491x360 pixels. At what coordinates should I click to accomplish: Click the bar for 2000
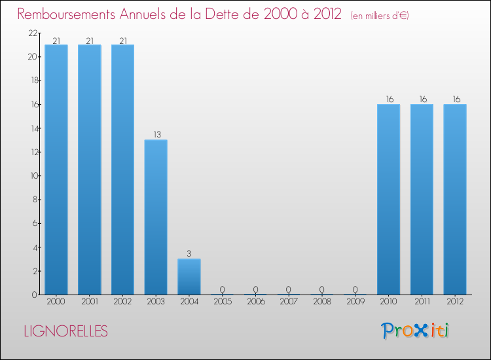click(x=56, y=170)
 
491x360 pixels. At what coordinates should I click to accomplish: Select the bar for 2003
click(x=156, y=217)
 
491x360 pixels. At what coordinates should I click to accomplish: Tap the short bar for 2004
click(x=189, y=277)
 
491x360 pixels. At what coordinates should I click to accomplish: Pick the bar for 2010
click(x=389, y=200)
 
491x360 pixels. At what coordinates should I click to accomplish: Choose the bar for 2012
click(x=455, y=200)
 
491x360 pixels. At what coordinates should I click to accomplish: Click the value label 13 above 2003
click(x=156, y=135)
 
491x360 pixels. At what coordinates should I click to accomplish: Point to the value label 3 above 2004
click(x=189, y=254)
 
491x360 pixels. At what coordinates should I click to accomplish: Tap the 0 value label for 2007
click(x=289, y=290)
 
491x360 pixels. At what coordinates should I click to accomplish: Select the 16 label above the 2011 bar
click(x=422, y=99)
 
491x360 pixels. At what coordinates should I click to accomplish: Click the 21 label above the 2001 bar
click(x=90, y=41)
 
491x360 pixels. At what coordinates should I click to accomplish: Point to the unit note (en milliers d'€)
click(x=380, y=16)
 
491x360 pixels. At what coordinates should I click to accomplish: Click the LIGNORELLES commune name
click(x=65, y=331)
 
